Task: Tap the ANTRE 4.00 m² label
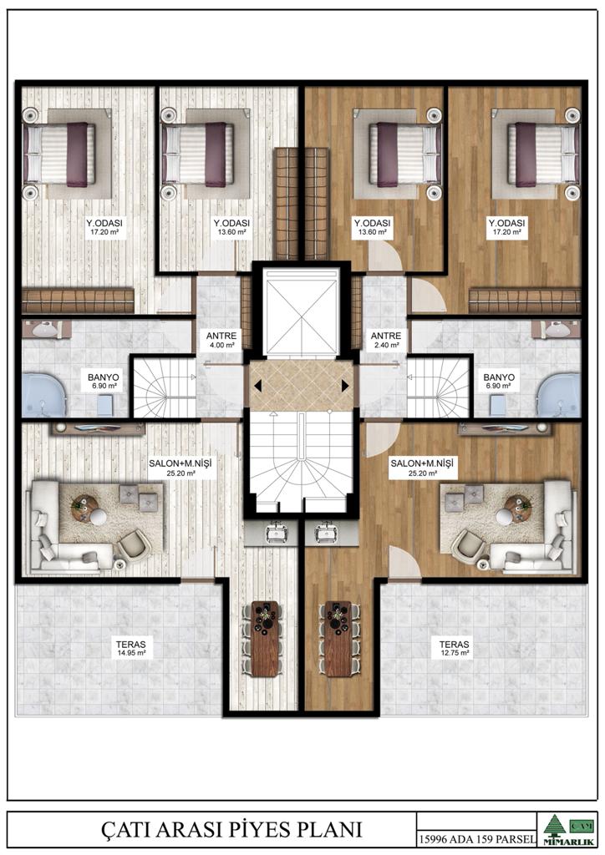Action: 221,341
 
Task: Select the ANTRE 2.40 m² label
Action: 386,341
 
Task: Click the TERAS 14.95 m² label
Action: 131,648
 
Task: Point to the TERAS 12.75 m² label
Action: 454,648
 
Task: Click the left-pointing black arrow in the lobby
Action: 257,386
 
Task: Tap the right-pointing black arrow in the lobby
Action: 345,386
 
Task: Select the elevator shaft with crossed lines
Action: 301,311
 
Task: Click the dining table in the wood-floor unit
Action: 338,638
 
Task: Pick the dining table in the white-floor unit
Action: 265,638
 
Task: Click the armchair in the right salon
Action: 469,543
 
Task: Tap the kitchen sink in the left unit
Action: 277,532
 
